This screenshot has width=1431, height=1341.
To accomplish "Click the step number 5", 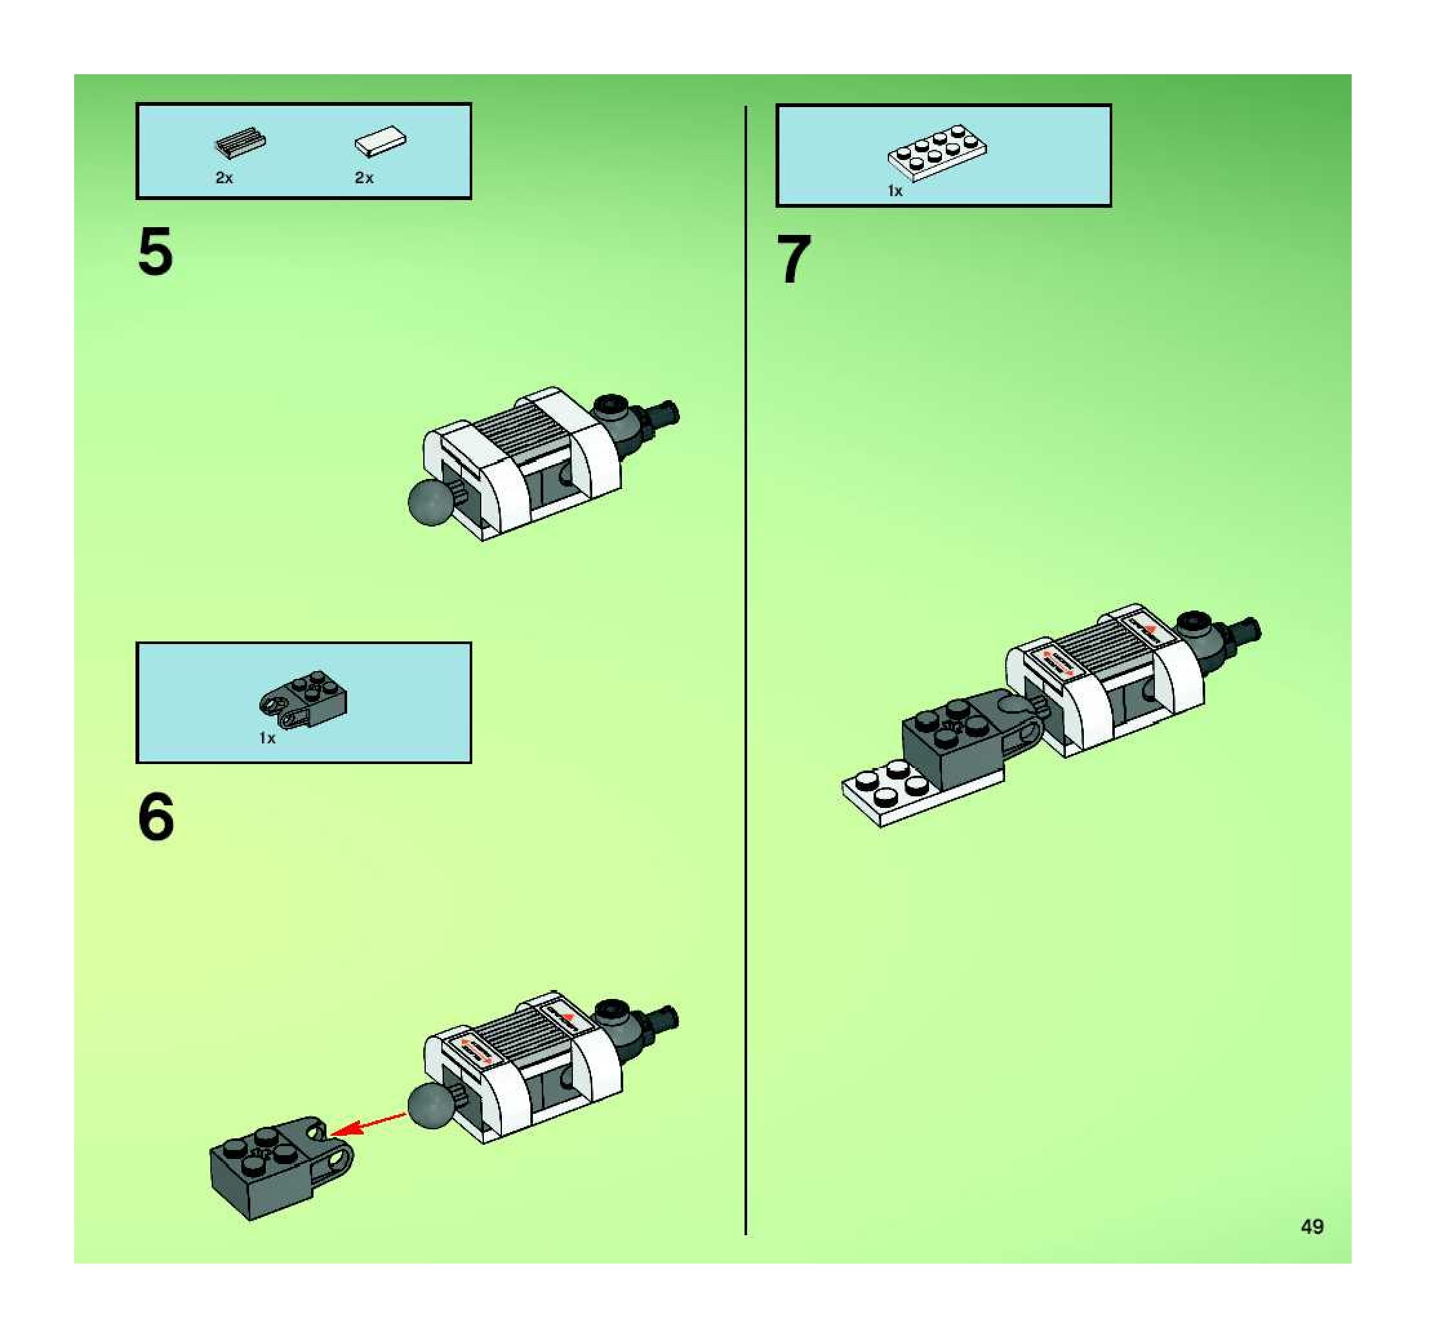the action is point(155,251).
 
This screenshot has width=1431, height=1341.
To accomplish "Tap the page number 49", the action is point(1312,1227).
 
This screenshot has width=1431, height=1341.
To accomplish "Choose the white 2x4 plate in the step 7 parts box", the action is point(937,152).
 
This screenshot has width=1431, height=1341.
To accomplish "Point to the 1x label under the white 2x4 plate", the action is point(895,191).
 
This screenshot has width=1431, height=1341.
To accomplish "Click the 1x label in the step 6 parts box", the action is point(267,738).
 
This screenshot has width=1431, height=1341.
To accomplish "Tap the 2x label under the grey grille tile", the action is point(225,178).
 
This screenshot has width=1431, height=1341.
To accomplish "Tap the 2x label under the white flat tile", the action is point(365,178).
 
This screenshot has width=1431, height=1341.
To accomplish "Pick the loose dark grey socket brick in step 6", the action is point(281,1167).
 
